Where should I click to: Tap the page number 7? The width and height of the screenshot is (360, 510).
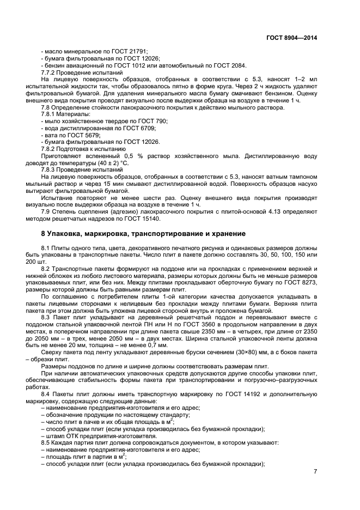point(315,472)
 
